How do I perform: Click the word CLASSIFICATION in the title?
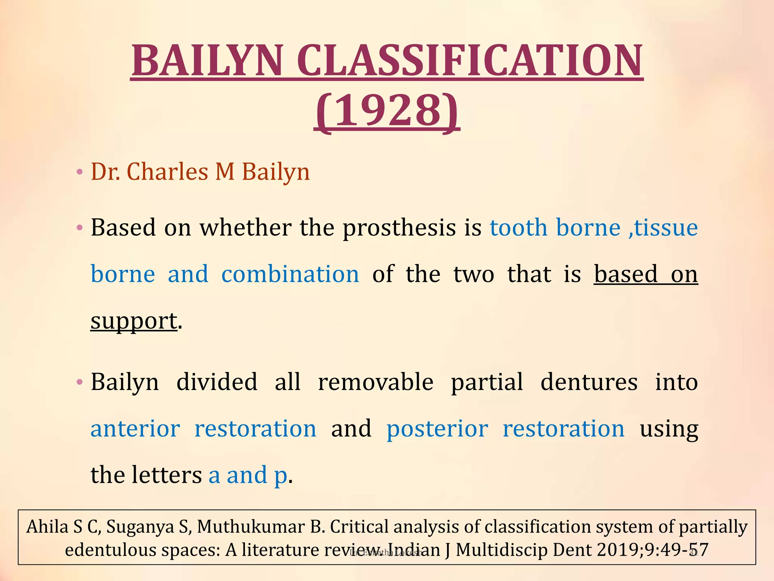point(469,61)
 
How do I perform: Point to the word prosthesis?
point(399,228)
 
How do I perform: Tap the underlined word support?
point(133,321)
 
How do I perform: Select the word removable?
point(375,382)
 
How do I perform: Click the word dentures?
point(588,382)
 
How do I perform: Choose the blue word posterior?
point(437,429)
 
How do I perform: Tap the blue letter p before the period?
point(280,477)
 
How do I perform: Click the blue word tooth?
point(518,228)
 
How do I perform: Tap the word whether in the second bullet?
point(245,228)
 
